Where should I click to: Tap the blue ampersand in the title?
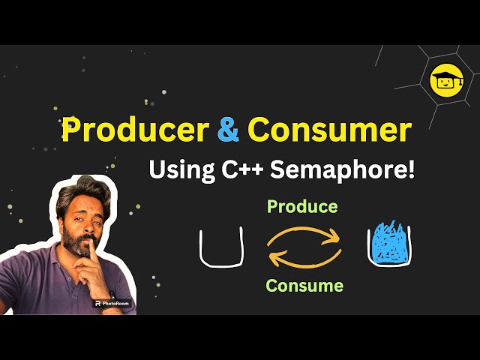(228, 130)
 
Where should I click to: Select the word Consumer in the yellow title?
(328, 130)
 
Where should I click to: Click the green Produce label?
(302, 205)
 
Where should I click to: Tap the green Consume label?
(304, 286)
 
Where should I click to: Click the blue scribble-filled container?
(388, 247)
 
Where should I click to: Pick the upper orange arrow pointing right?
(304, 235)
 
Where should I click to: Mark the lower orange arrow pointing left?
(304, 259)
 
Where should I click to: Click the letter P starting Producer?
(71, 130)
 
